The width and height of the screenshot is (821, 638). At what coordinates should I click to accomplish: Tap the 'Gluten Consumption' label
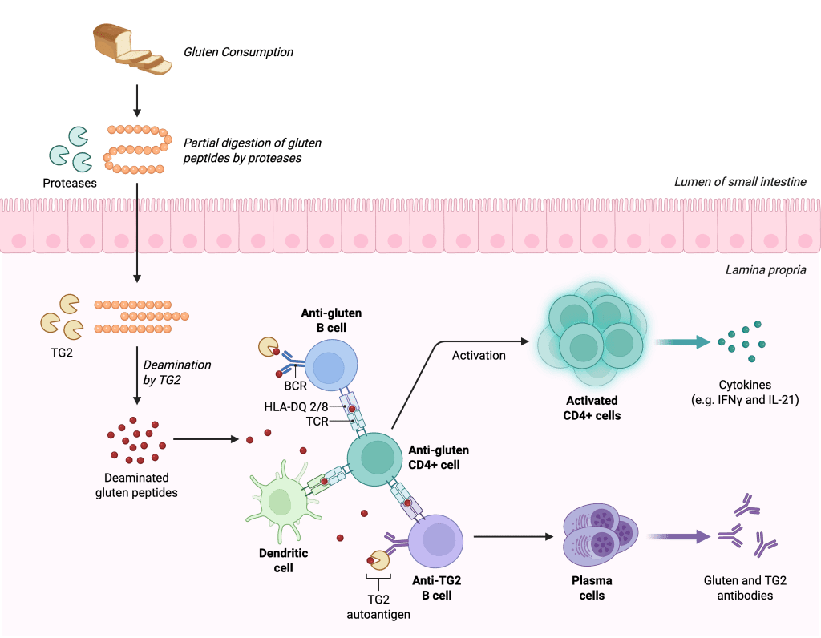click(x=238, y=53)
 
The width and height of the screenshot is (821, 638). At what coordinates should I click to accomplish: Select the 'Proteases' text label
click(x=70, y=183)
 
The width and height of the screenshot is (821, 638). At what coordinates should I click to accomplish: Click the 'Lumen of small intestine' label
click(x=739, y=182)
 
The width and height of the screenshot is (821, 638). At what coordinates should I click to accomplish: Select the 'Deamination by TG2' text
click(x=176, y=372)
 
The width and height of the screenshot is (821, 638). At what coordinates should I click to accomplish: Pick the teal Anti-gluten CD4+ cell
click(x=374, y=458)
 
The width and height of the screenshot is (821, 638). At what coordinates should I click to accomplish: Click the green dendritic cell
click(x=281, y=501)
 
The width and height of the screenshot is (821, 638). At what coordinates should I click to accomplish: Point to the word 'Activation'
click(x=479, y=355)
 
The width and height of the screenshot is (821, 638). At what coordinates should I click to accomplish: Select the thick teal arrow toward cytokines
click(x=682, y=343)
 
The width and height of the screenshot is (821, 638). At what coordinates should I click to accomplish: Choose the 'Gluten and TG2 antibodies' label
click(x=738, y=588)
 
